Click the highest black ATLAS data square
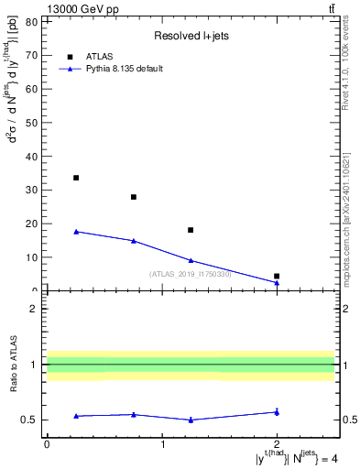[x=76, y=178]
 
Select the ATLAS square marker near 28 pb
[x=134, y=197]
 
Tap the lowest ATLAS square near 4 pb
[x=277, y=276]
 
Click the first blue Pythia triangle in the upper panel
[x=76, y=232]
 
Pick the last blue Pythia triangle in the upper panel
[x=277, y=282]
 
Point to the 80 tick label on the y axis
[x=31, y=21]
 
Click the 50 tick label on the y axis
[x=31, y=123]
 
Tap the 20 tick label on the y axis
[x=31, y=224]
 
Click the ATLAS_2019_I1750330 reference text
[x=191, y=274]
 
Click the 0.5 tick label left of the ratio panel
[x=29, y=420]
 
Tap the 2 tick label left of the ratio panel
[x=33, y=309]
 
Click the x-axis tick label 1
[x=162, y=443]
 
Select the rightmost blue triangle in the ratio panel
[x=277, y=412]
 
